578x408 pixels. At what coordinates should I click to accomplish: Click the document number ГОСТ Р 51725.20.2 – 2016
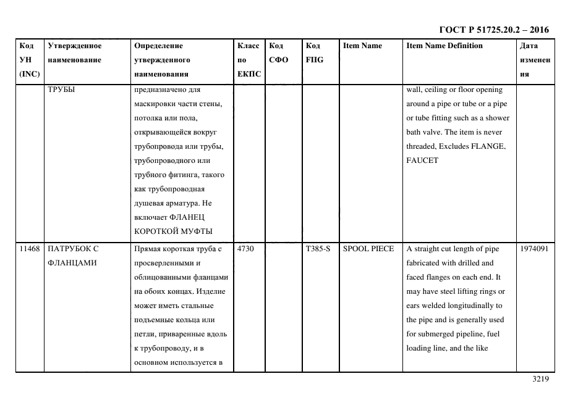[x=493, y=30]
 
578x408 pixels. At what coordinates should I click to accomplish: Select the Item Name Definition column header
[x=444, y=46]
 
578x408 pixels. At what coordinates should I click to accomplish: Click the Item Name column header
[x=362, y=46]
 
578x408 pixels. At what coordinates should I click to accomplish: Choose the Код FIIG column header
[x=314, y=53]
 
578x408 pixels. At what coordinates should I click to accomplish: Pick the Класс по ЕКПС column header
[x=249, y=60]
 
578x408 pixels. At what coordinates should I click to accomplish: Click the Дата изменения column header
[x=534, y=60]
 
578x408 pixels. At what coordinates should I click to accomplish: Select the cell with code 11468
[x=29, y=249]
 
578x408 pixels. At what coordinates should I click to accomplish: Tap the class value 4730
[x=245, y=249]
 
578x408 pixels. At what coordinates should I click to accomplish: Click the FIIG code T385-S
[x=318, y=249]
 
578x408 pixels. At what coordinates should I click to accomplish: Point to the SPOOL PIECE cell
[x=368, y=249]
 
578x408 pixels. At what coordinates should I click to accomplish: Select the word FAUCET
[x=422, y=160]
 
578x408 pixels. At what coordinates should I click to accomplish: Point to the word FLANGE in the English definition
[x=491, y=146]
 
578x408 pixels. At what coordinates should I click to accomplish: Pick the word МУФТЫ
[x=195, y=231]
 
